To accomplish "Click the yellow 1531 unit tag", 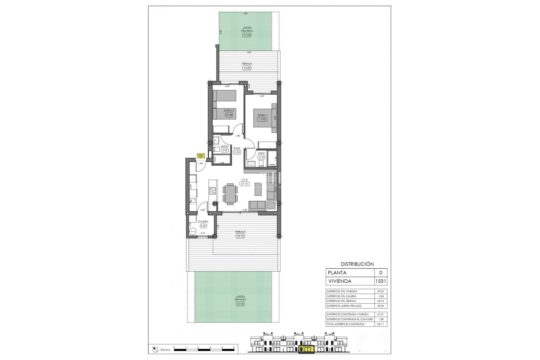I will click(x=201, y=156).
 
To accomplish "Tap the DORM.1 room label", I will click(x=262, y=115).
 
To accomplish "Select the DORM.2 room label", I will click(x=229, y=111).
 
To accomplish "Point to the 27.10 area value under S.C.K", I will click(x=244, y=184).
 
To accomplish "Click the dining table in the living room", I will click(x=230, y=193).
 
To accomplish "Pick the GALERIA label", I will click(x=203, y=222).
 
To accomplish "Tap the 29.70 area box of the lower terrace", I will click(x=240, y=236).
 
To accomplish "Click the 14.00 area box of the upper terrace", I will click(x=247, y=68).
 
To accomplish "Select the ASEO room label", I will click(x=261, y=153).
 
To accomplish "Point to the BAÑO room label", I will click(x=224, y=147).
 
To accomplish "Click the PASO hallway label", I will click(x=237, y=148).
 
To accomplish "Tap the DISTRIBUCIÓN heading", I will click(x=357, y=264).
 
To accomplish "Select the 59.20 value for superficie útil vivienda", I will click(x=380, y=291).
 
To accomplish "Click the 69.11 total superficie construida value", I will click(x=380, y=324).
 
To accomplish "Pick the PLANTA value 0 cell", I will click(x=381, y=273).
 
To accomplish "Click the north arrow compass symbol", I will click(x=155, y=350).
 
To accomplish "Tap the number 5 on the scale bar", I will click(x=234, y=347).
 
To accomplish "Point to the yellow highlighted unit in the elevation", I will click(x=305, y=349).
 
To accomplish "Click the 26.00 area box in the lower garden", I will click(x=240, y=304).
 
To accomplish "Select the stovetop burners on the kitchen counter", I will click(x=213, y=191).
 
